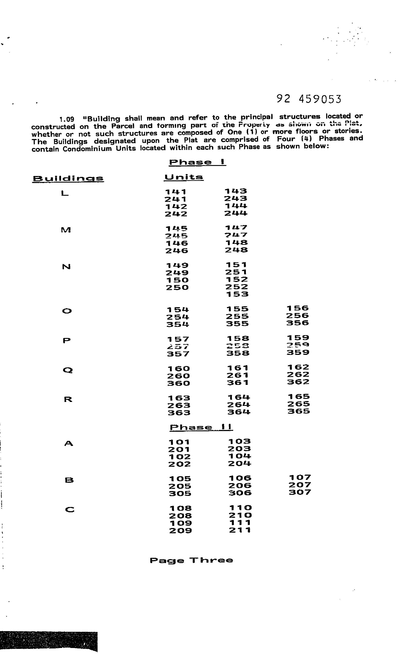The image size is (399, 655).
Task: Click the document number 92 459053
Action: [x=309, y=99]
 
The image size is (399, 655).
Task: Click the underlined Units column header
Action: [x=184, y=177]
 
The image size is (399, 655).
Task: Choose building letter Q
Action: [x=68, y=370]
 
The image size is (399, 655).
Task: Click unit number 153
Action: [x=237, y=294]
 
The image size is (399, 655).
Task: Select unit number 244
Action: [x=236, y=213]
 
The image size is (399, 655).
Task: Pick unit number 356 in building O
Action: [x=297, y=323]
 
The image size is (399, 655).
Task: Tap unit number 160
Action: [x=178, y=369]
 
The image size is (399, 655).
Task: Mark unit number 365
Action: [x=299, y=411]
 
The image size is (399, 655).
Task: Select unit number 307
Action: [x=300, y=492]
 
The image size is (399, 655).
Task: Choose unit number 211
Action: [x=240, y=530]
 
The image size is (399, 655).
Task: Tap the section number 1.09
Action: [x=66, y=119]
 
